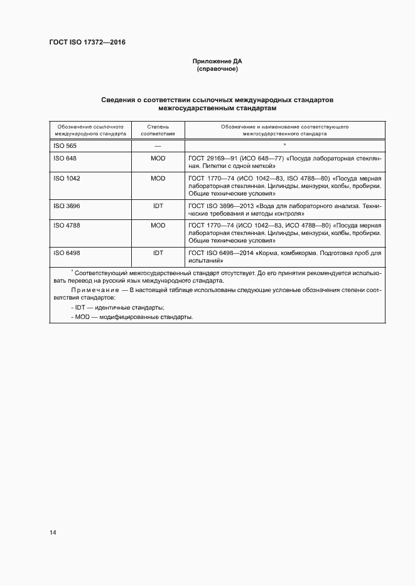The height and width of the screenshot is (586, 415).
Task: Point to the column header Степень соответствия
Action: [x=158, y=130]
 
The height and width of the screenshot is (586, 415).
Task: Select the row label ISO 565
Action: [x=65, y=145]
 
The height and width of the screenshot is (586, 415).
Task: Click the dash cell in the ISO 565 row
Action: [x=158, y=145]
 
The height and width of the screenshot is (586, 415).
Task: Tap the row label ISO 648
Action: [x=65, y=159]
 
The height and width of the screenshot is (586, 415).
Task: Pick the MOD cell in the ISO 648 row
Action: [x=158, y=159]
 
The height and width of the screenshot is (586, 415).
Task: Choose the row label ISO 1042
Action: [x=67, y=178]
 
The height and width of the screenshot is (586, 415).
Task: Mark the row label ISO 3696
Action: [x=67, y=206]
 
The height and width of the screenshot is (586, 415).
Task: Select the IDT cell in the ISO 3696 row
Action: [x=158, y=206]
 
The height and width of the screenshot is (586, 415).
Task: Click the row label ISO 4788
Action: [x=67, y=224]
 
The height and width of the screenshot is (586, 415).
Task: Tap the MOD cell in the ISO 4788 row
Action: [x=158, y=224]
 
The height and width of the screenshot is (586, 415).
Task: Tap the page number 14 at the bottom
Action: [x=53, y=533]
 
